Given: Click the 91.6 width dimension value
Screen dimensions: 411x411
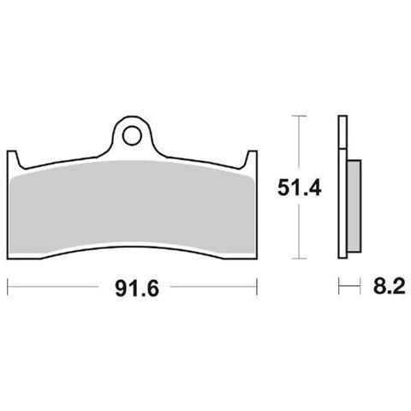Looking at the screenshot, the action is pyautogui.click(x=137, y=289).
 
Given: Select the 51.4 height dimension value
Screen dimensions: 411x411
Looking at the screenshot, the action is pyautogui.click(x=300, y=188).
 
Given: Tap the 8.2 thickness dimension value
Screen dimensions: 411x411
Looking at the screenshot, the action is pyautogui.click(x=390, y=286).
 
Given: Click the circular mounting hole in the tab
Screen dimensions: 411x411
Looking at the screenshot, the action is pyautogui.click(x=132, y=136).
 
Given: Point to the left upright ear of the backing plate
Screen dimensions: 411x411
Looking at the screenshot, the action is pyautogui.click(x=12, y=158).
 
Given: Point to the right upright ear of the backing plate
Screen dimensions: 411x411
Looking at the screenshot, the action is pyautogui.click(x=252, y=158).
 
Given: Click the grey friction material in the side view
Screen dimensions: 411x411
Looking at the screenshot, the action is pyautogui.click(x=354, y=206).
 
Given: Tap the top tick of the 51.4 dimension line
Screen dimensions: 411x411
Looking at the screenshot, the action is pyautogui.click(x=299, y=116).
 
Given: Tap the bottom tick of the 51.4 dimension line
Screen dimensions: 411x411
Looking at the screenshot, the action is pyautogui.click(x=299, y=259).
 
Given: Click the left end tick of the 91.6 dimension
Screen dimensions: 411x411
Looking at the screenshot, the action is pyautogui.click(x=8, y=286).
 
